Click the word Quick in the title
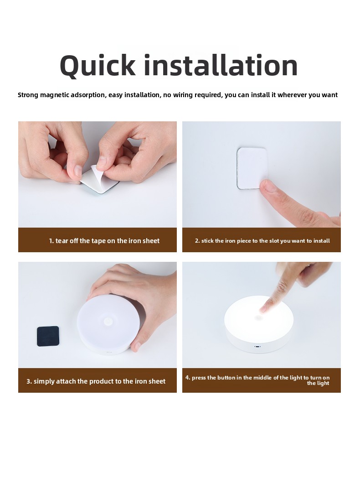tap(98, 66)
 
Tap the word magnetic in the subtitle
tap(54, 95)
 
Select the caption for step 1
tap(104, 241)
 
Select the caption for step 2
tap(262, 241)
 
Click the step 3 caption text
tap(96, 381)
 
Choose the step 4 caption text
tap(257, 380)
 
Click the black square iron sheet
tap(48, 336)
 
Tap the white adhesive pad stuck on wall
tap(251, 168)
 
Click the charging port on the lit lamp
tap(257, 346)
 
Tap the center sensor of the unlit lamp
tap(108, 321)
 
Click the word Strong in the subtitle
tap(28, 95)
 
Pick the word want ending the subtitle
tap(329, 95)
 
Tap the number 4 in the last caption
tap(188, 377)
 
